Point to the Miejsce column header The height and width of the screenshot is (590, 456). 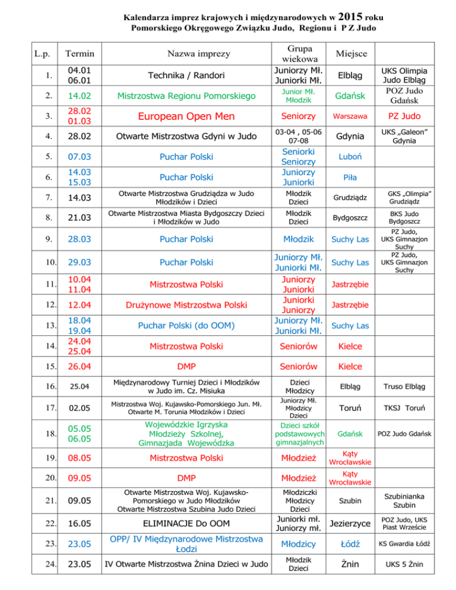[x=346, y=54]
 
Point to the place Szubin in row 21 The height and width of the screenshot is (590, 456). [x=346, y=502]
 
